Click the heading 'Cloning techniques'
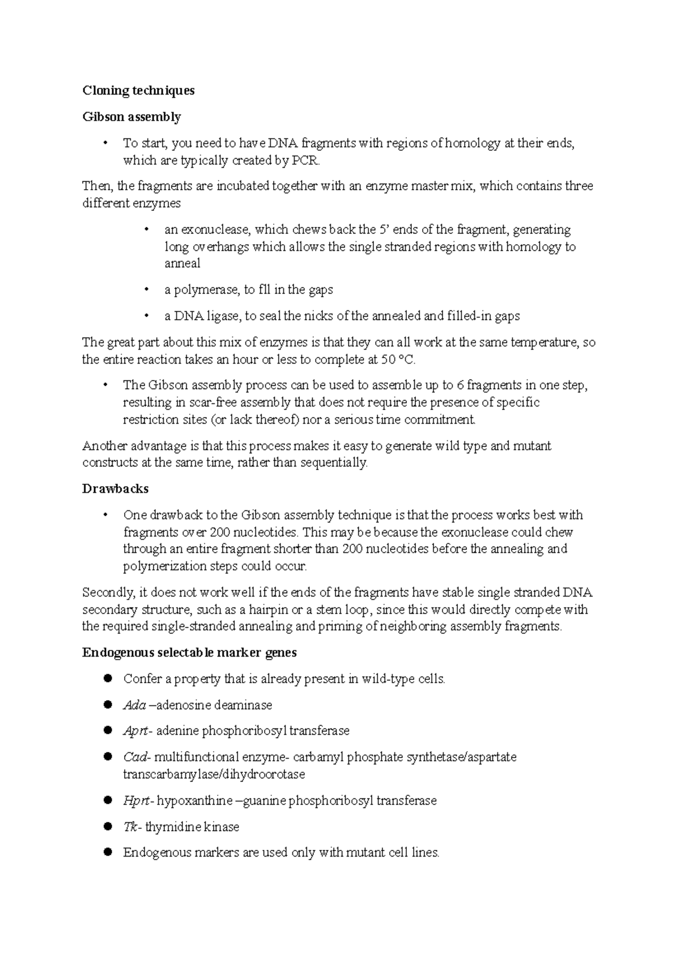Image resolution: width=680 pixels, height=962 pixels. [138, 91]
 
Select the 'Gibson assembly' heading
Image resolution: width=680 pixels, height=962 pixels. [131, 117]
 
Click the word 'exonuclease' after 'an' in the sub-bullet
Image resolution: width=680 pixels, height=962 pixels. [215, 230]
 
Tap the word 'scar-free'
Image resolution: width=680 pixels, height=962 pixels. [214, 403]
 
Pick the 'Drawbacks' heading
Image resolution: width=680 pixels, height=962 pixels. [116, 488]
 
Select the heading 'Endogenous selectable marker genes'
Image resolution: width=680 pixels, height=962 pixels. [189, 653]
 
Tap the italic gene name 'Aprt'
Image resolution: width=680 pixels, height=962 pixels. [135, 731]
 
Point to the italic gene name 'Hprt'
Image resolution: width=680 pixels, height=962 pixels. [137, 801]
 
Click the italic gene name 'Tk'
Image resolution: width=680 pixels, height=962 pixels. [130, 827]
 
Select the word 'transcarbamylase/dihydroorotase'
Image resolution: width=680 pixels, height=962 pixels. [214, 774]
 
